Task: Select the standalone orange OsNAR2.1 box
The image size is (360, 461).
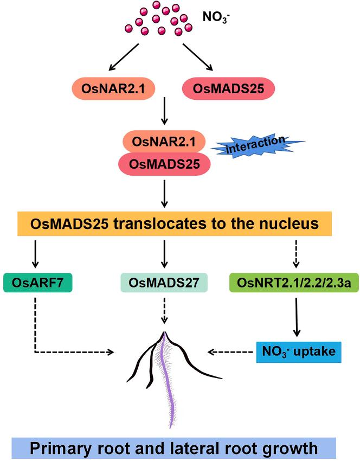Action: click(107, 88)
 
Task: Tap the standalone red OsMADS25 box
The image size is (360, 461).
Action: click(224, 88)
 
